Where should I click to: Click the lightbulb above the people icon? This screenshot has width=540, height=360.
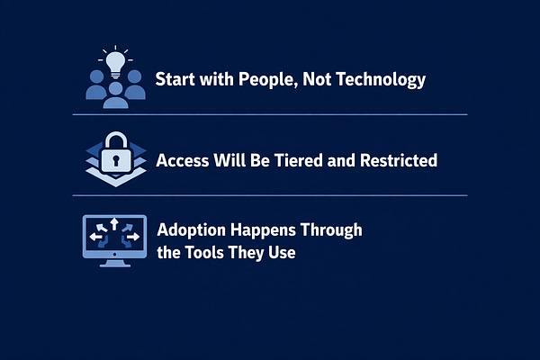pyautogui.click(x=115, y=65)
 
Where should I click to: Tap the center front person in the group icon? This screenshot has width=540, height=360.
pyautogui.click(x=116, y=95)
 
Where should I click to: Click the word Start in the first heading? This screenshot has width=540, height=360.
pyautogui.click(x=175, y=79)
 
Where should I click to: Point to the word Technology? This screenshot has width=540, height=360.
pyautogui.click(x=381, y=79)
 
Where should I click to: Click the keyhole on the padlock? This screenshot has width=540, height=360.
pyautogui.click(x=116, y=160)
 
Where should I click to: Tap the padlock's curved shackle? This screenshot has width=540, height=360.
pyautogui.click(x=116, y=141)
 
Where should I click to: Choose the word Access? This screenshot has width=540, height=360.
pyautogui.click(x=183, y=160)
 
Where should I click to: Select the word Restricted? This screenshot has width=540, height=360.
pyautogui.click(x=399, y=160)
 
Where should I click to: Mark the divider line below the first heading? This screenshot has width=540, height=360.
pyautogui.click(x=270, y=114)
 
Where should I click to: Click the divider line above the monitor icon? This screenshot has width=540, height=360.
pyautogui.click(x=270, y=195)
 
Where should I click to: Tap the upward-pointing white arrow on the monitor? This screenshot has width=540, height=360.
pyautogui.click(x=114, y=224)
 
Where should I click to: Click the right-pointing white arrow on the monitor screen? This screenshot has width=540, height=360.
pyautogui.click(x=133, y=237)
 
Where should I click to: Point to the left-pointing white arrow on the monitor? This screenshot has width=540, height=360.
pyautogui.click(x=95, y=237)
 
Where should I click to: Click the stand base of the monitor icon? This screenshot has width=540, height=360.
pyautogui.click(x=115, y=265)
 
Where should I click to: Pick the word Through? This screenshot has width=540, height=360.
pyautogui.click(x=331, y=230)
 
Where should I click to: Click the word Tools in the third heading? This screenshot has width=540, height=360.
pyautogui.click(x=204, y=253)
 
